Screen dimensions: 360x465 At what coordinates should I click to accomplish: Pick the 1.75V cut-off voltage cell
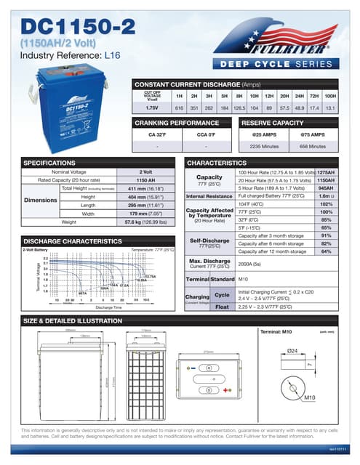coord(152,108)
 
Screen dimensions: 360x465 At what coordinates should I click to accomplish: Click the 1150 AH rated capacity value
coord(145,179)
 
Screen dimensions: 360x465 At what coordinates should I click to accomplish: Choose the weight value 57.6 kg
coord(145,222)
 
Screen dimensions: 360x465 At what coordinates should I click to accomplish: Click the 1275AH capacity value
coord(327,172)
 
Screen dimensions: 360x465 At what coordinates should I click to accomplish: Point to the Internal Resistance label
coord(209,196)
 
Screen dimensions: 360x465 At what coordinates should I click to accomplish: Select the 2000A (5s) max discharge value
coord(250,265)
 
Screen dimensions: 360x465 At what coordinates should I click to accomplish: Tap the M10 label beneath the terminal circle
coord(309,398)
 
